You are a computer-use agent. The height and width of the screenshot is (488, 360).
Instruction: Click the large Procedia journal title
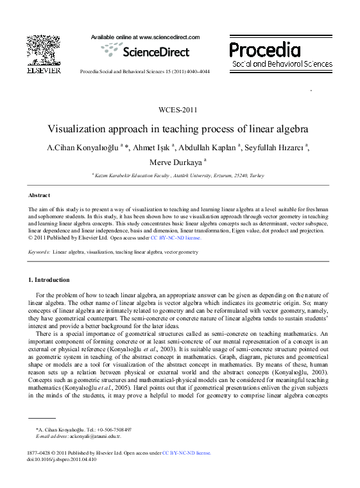[x=264, y=49]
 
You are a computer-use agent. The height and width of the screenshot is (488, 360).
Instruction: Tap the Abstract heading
[x=39, y=195]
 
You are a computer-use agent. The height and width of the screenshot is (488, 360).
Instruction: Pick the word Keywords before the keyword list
[x=39, y=252]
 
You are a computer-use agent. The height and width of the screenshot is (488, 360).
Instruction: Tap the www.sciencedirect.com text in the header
[x=169, y=37]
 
